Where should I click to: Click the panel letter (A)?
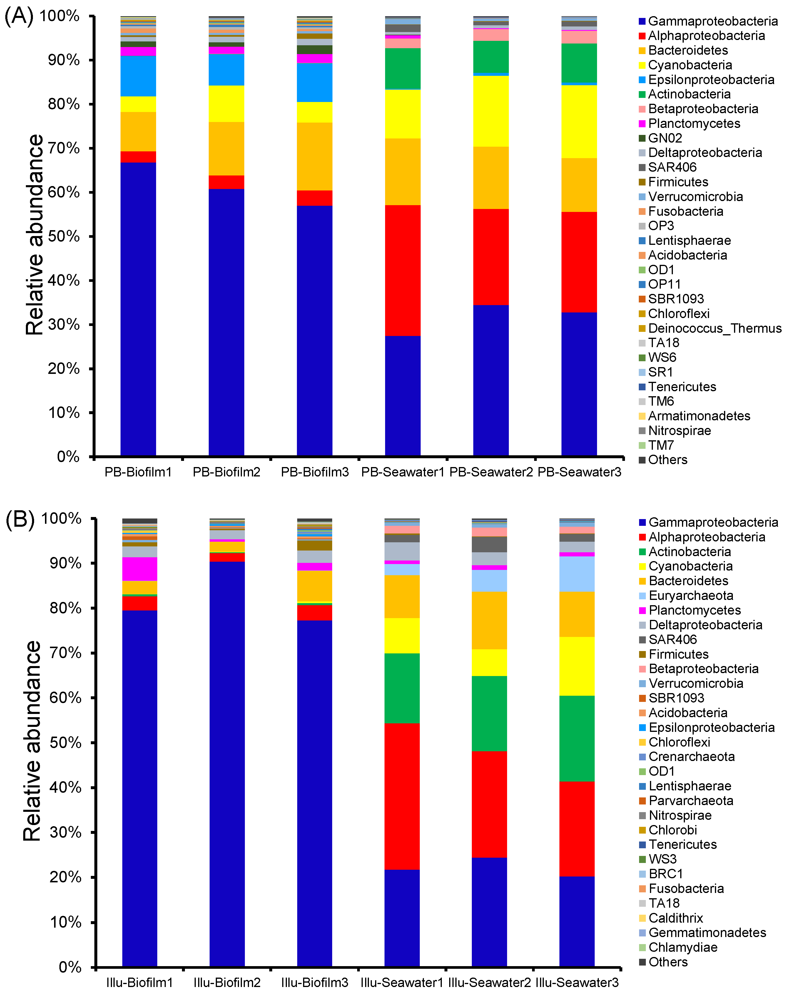19,16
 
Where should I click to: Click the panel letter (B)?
19,520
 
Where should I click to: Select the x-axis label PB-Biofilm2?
226,472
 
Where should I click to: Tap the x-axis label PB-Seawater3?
579,472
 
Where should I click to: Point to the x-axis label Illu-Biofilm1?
139,983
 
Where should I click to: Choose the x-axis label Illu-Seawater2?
489,983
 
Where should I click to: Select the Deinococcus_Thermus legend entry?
714,329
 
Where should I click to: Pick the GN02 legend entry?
664,138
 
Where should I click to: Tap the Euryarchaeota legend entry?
691,596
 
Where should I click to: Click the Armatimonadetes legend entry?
698,416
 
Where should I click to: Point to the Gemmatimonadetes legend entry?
707,933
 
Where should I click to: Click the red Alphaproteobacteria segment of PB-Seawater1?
402,270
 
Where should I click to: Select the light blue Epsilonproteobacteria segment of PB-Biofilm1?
138,76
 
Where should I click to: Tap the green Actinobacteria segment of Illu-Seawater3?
577,738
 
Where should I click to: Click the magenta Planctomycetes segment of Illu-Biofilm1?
139,569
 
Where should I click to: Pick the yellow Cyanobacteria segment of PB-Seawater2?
491,111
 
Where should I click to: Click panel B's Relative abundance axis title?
32,741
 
